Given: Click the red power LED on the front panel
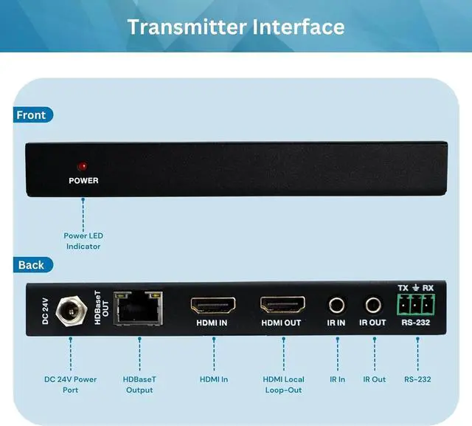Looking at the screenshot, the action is (83, 166).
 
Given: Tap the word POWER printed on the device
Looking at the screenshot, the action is (83, 180).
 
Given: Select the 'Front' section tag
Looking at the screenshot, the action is (31, 115).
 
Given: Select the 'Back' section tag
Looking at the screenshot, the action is (31, 265).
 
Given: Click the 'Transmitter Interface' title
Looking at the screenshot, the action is (236, 27).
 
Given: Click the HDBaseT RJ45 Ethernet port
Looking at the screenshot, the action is (137, 309).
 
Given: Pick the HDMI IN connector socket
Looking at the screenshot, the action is (213, 305).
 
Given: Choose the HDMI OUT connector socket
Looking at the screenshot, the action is (282, 305).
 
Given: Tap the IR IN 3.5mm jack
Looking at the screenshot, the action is (336, 304).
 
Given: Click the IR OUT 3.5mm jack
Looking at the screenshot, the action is (372, 304).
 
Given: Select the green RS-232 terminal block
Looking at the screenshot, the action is (417, 303).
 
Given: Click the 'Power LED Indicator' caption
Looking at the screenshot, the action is (83, 241).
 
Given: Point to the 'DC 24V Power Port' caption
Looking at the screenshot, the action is (70, 384).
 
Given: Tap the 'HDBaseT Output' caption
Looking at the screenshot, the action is (139, 384).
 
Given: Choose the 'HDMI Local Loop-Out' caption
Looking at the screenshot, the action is (283, 384).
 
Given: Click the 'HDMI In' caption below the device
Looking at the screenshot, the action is (214, 379).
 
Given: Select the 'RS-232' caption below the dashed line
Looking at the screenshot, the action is (417, 379).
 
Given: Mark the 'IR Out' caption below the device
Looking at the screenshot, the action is (374, 379).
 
